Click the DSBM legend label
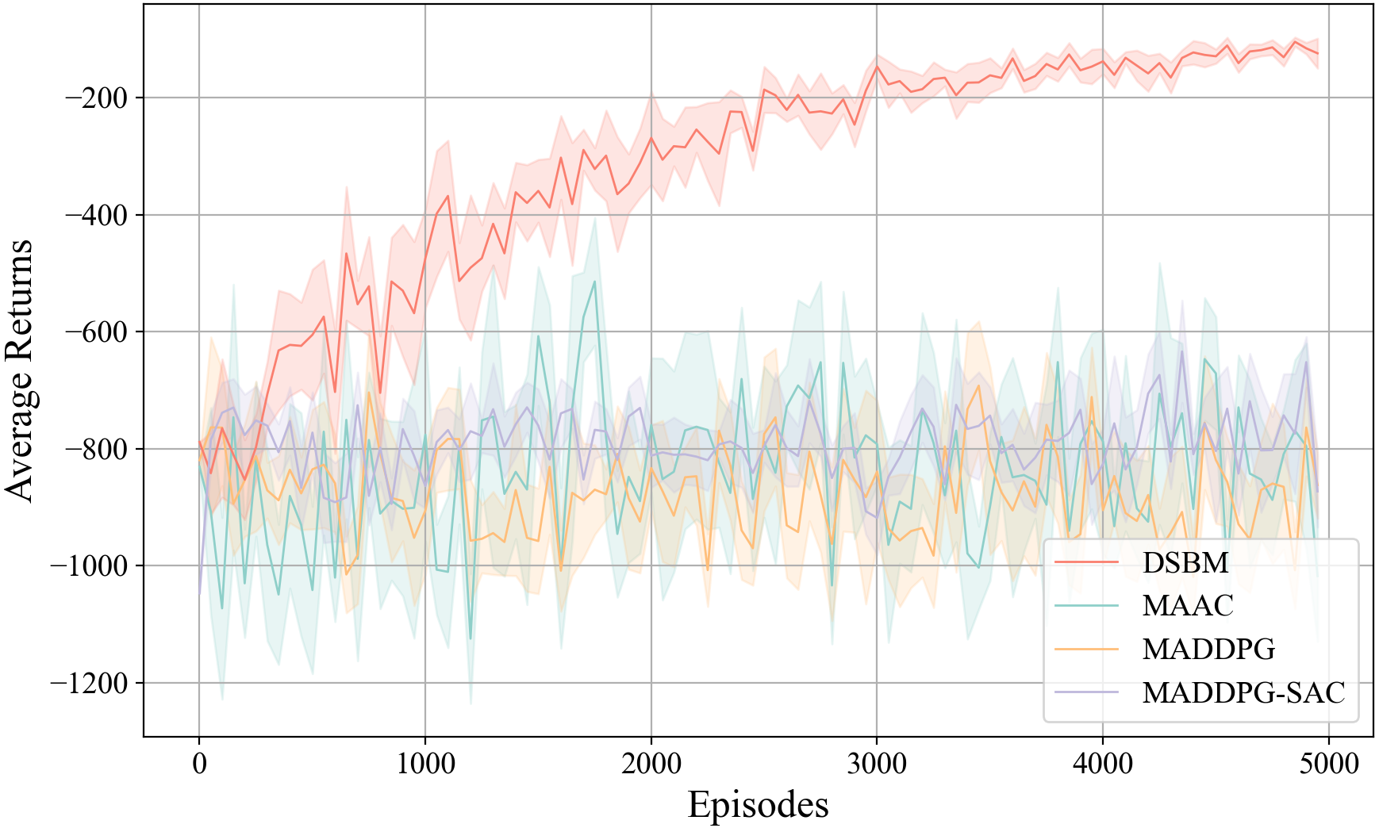1185,562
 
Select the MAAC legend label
1188,606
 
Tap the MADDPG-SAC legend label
1243,692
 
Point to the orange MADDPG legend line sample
1086,650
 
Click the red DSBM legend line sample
1086,562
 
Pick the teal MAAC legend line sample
1086,606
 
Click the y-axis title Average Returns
21,370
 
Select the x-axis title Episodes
758,804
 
